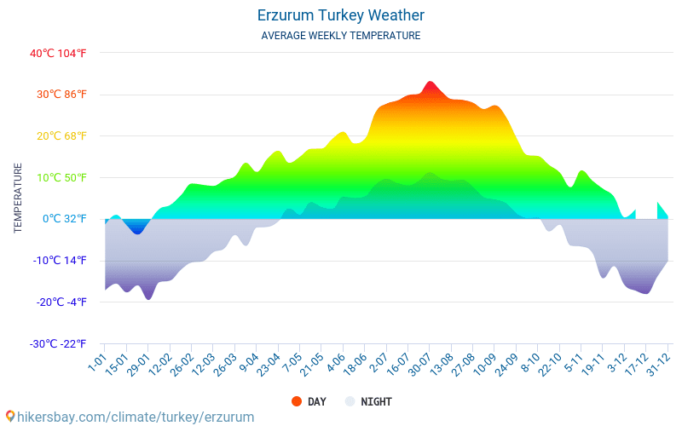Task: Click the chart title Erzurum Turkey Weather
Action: click(x=341, y=15)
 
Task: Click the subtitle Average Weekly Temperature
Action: click(x=341, y=36)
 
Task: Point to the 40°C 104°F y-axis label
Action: click(x=58, y=53)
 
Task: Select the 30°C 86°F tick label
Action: click(x=61, y=95)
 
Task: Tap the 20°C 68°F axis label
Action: click(x=61, y=136)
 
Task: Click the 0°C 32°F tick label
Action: click(x=65, y=219)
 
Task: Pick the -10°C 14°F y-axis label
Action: click(x=59, y=261)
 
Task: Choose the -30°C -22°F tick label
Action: click(x=57, y=344)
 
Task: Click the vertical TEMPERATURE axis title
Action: click(x=18, y=198)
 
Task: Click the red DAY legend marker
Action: click(x=297, y=401)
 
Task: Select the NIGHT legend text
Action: click(x=376, y=401)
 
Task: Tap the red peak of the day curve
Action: click(x=430, y=83)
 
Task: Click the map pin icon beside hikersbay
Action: click(x=10, y=417)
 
